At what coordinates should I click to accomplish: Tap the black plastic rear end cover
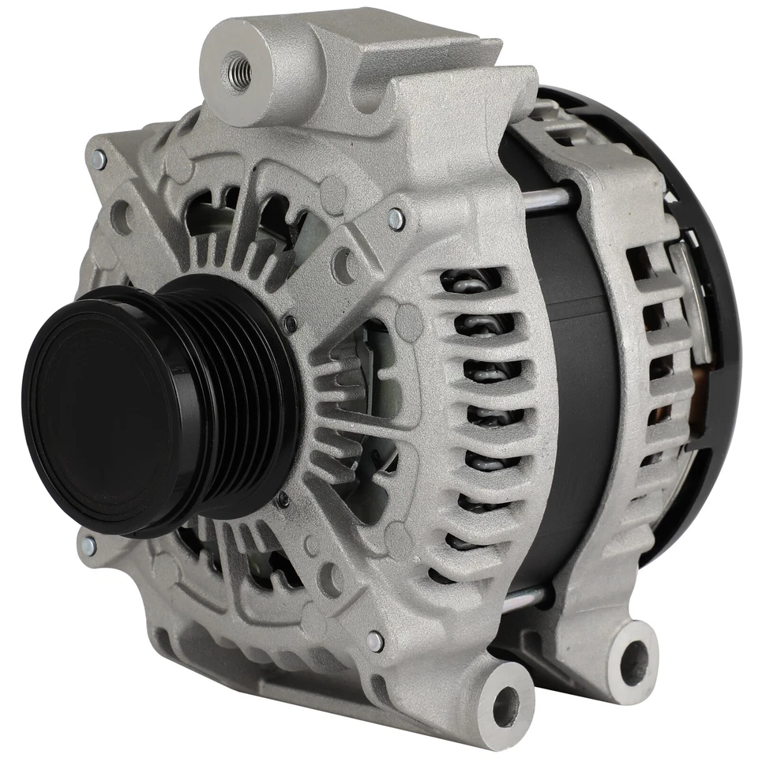coord(711,237)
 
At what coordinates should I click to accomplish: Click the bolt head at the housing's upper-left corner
coord(99,159)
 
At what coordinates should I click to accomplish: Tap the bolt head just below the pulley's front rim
coord(89,545)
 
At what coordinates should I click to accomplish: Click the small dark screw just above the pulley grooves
coord(291,323)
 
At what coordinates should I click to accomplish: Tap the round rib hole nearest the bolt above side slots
coord(345,261)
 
